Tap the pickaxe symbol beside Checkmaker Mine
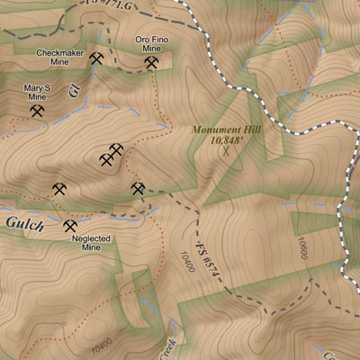tap(96, 58)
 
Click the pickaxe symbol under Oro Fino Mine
tap(152, 66)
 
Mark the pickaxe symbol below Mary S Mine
tap(37, 112)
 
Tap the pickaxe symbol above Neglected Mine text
tap(70, 226)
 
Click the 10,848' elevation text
tap(226, 141)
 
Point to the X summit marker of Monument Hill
tap(226, 153)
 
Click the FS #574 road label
tap(209, 256)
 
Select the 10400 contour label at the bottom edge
tap(102, 342)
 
